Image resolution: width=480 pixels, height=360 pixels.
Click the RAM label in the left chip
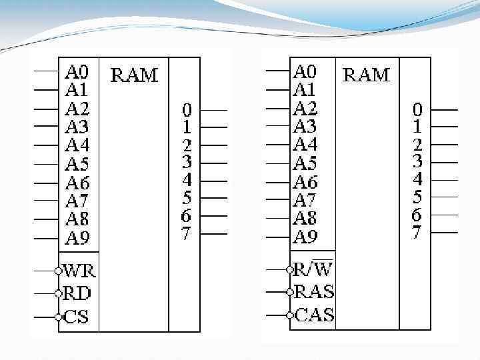134,74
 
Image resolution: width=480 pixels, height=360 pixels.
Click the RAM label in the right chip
365,74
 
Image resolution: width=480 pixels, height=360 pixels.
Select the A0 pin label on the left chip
77,71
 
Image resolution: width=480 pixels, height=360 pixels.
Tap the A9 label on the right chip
306,236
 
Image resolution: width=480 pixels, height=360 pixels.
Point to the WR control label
79,271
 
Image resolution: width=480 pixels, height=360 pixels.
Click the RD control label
77,293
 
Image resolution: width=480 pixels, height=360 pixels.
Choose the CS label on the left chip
76,316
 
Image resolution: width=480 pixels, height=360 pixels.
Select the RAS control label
313,291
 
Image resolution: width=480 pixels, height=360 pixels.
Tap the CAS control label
313,314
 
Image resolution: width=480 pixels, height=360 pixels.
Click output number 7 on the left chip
186,233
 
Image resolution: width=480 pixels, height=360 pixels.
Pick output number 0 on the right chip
417,109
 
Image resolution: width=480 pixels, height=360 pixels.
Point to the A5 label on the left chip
77,164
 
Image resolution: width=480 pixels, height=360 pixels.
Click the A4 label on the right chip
306,144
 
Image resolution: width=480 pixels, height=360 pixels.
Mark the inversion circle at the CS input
59,317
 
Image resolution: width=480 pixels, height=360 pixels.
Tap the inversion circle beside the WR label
59,271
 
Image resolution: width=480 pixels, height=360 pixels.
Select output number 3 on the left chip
187,162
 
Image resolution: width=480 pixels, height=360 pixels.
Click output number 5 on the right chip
417,197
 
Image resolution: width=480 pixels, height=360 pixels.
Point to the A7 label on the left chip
77,201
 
